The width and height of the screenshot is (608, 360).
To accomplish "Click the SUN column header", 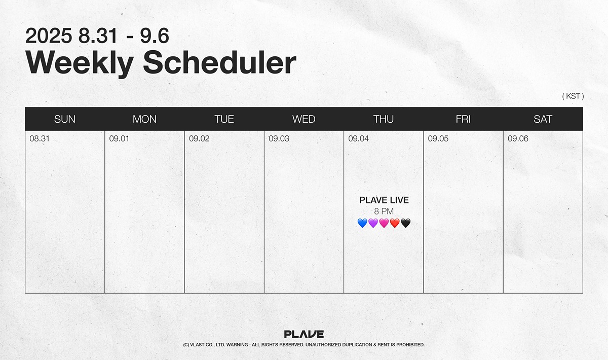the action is click(65, 119).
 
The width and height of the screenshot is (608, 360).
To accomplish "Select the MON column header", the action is click(144, 119).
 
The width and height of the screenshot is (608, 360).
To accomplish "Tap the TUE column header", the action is click(224, 119).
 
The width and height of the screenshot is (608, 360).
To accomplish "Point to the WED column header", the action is click(303, 119).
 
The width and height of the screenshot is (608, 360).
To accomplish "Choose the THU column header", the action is click(383, 119).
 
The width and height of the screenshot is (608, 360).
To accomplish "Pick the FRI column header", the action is click(463, 119).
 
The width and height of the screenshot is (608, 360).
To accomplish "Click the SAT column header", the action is click(543, 119).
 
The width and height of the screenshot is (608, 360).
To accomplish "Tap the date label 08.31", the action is click(40, 138).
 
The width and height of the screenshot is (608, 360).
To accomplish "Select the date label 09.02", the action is click(199, 138).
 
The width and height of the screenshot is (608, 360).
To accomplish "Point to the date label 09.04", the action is click(359, 138).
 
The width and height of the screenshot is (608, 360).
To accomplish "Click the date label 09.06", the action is click(518, 138).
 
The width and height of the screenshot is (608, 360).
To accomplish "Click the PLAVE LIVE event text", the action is click(384, 200).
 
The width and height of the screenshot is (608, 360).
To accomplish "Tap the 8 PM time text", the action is click(384, 211).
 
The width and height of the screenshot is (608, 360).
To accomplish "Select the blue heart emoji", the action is click(362, 223).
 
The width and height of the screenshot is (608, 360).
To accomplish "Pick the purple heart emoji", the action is click(373, 223).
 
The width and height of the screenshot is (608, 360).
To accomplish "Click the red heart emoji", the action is click(395, 223).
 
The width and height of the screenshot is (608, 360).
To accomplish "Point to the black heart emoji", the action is click(405, 223).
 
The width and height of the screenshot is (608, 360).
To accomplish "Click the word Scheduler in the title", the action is click(219, 62).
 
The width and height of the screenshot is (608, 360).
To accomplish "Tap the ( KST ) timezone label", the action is click(573, 96).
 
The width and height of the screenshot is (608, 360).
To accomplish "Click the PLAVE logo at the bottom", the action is click(304, 334).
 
